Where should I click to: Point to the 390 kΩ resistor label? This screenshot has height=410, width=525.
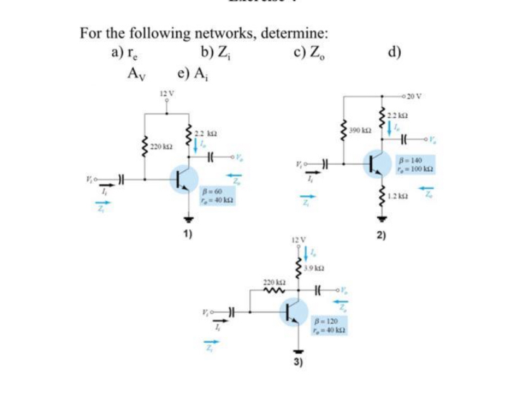[359, 131]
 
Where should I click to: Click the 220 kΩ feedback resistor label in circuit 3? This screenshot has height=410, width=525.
[271, 281]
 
